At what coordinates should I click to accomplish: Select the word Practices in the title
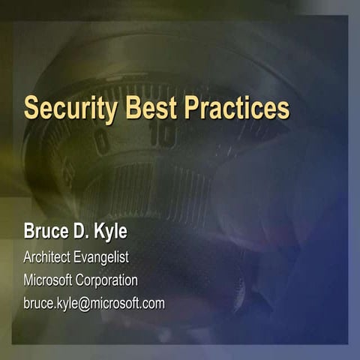[239, 107]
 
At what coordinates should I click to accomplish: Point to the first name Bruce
[46, 232]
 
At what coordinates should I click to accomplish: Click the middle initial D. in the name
[86, 232]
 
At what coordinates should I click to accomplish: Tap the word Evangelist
[102, 258]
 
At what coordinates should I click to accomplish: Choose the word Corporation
[109, 281]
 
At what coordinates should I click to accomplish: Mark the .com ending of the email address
[151, 304]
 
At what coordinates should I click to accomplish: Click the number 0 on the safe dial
[102, 142]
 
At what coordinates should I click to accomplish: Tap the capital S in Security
[31, 108]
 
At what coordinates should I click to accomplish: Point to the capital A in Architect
[28, 257]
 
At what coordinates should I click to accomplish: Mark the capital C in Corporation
[82, 280]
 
